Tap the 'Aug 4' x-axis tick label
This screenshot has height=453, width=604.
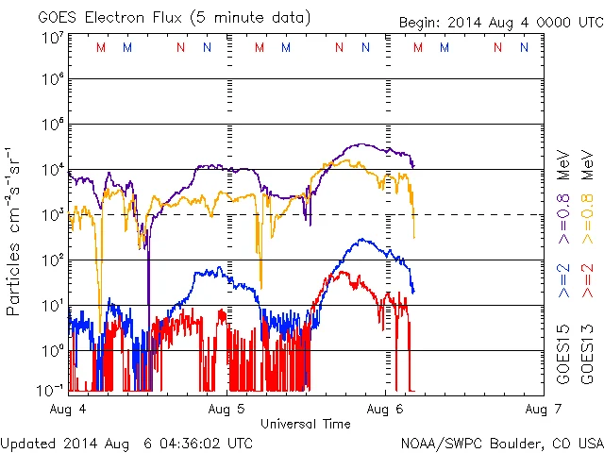pos(68,409)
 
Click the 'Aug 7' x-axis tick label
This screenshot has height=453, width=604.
pos(535,409)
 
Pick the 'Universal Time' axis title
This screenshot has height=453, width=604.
pos(306,424)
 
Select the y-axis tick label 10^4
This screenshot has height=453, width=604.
pos(52,170)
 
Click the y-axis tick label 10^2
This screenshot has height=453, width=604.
pos(52,259)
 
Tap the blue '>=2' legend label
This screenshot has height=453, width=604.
pos(563,282)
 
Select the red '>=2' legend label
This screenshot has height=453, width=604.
pos(586,282)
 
